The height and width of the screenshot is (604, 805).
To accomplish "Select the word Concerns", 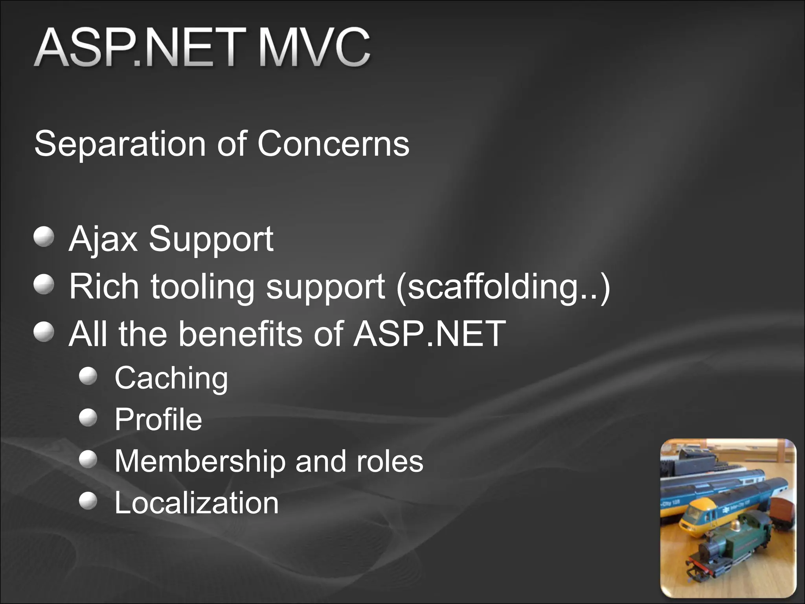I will click(333, 144).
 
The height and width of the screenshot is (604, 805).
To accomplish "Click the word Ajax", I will click(103, 239).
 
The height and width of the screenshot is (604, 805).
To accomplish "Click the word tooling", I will click(202, 287).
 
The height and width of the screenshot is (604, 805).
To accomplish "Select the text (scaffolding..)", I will click(503, 287).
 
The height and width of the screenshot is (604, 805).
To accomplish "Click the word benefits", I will click(241, 333).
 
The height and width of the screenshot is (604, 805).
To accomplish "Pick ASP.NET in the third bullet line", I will click(429, 333).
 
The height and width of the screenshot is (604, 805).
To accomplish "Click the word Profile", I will click(158, 420).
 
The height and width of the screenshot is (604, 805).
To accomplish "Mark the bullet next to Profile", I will click(88, 417).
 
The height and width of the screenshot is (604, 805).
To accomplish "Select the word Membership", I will click(200, 461).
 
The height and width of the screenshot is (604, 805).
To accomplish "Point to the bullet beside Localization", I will click(88, 501).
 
